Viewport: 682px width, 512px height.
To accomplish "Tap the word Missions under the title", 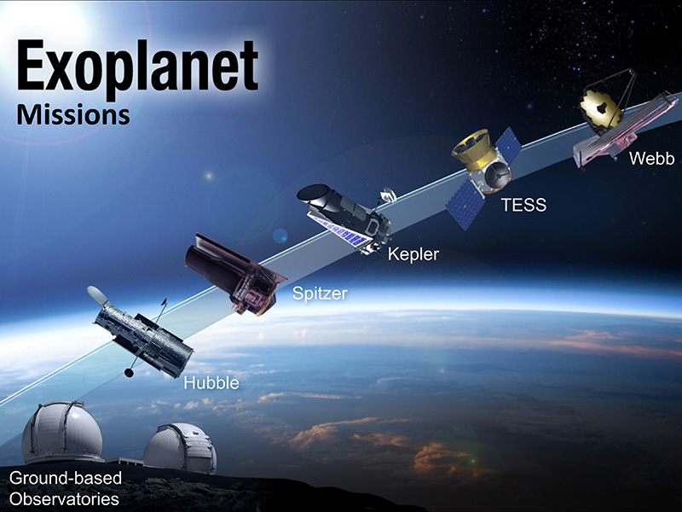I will click(x=73, y=113).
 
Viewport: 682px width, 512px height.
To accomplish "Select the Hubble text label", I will click(x=211, y=383).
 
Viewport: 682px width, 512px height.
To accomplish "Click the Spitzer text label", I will click(x=321, y=295).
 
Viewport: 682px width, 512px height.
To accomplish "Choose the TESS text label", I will click(x=523, y=205).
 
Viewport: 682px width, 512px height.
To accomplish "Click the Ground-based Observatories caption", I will click(x=65, y=487).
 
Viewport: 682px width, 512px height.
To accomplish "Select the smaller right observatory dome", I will click(x=179, y=447).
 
